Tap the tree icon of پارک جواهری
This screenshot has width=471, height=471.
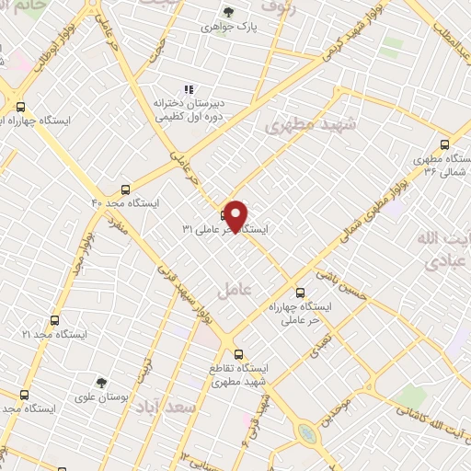tap(228, 12)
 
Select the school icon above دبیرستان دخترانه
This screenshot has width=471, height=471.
tap(189, 89)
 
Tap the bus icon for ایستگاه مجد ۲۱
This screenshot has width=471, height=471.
tap(54, 321)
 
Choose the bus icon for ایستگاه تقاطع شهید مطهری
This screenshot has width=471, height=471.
tap(238, 353)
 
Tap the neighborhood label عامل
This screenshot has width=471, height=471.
tap(235, 291)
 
